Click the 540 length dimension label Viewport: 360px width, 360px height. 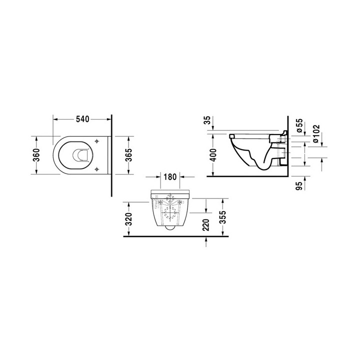tap(82, 119)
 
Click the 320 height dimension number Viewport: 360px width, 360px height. tap(129, 219)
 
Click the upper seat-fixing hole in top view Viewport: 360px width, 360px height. tap(94, 142)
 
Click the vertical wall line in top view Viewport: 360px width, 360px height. tap(111, 155)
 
